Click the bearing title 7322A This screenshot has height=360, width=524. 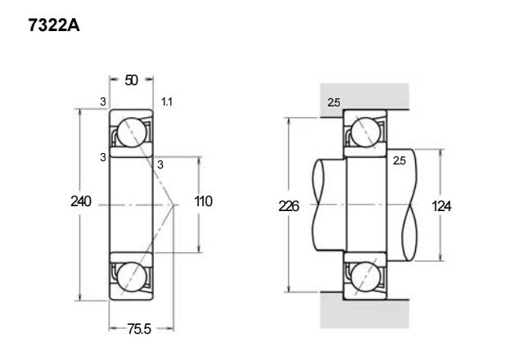54,25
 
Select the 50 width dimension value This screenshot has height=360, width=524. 131,80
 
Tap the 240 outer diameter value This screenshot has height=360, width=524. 81,201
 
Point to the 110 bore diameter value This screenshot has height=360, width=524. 203,201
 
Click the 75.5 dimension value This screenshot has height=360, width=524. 139,329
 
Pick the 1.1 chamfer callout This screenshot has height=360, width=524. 167,101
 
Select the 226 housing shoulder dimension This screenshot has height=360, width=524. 289,206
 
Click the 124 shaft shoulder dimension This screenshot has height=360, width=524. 441,206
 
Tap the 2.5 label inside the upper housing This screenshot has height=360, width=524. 333,102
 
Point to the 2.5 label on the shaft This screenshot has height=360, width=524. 399,160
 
